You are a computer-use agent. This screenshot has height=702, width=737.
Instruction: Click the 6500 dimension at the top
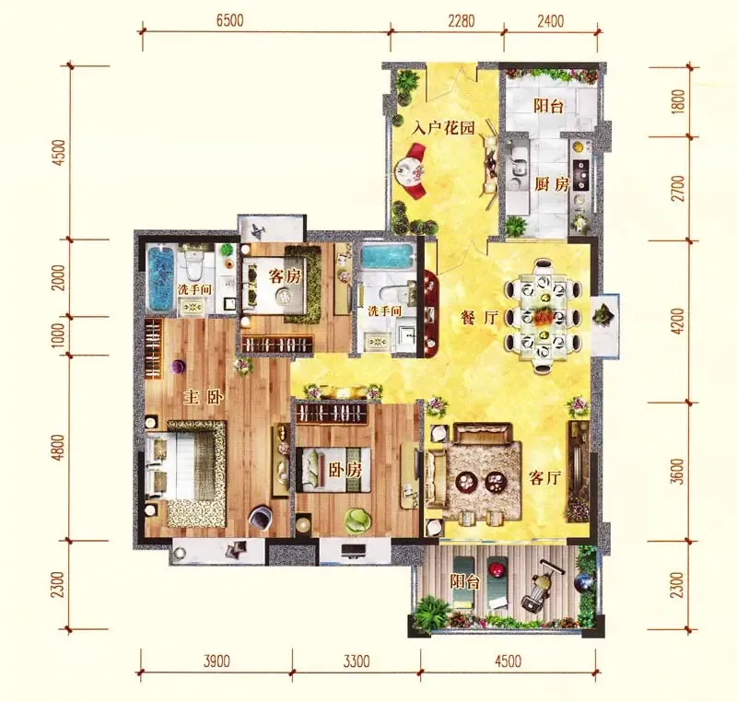229,21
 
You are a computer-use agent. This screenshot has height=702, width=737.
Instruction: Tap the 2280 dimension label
462,21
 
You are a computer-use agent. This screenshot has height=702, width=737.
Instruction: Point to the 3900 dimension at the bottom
216,661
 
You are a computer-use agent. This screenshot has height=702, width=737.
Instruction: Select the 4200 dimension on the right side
678,322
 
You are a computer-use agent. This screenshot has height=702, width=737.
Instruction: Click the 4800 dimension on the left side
58,448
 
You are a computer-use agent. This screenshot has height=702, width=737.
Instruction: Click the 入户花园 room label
444,128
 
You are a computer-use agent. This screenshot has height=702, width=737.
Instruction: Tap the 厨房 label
552,184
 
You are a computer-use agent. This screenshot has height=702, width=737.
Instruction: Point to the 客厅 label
545,478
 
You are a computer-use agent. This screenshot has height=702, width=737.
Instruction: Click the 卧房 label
345,470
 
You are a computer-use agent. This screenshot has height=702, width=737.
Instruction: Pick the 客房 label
285,276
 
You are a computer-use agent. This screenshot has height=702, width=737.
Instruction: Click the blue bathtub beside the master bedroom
160,279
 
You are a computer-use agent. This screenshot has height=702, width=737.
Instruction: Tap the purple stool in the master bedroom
178,367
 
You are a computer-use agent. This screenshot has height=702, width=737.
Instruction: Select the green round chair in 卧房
358,520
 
